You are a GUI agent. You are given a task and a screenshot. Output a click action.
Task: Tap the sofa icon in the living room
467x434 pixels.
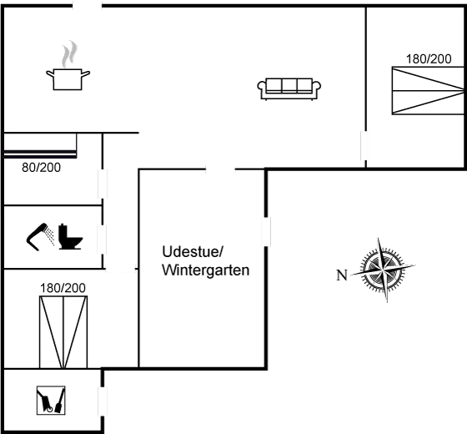pyautogui.click(x=289, y=88)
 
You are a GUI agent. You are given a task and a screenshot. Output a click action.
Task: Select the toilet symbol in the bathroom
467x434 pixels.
pyautogui.click(x=70, y=236)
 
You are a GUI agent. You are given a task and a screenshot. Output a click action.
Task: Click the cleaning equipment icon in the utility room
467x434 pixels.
pyautogui.click(x=51, y=401)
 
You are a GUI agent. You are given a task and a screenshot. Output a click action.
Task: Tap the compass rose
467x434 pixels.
pyautogui.click(x=384, y=270)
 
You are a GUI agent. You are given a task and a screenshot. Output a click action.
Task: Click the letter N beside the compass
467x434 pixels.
pyautogui.click(x=342, y=275)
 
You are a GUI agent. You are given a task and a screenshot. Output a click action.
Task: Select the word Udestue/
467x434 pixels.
pyautogui.click(x=193, y=252)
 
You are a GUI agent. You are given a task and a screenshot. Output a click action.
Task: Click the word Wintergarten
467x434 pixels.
pyautogui.click(x=206, y=270)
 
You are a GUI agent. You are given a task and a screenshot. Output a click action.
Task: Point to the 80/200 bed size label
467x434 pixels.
pyautogui.click(x=42, y=168)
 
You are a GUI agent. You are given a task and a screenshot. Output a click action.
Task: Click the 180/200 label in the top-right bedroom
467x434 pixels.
pyautogui.click(x=429, y=59)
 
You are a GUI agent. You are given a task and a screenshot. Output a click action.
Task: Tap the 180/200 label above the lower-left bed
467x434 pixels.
pyautogui.click(x=63, y=288)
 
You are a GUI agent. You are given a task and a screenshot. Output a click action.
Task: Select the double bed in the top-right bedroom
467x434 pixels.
pyautogui.click(x=428, y=91)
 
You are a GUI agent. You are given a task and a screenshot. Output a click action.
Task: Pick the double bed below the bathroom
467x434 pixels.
pyautogui.click(x=63, y=332)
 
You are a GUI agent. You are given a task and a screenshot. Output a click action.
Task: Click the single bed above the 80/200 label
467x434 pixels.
pyautogui.click(x=40, y=145)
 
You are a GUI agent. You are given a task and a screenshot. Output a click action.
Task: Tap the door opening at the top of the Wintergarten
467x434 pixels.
pyautogui.click(x=220, y=169)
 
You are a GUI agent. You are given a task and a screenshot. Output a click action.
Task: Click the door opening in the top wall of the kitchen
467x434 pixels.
pyautogui.click(x=88, y=5)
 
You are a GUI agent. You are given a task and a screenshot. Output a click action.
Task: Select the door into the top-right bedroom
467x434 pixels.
pyautogui.click(x=364, y=146)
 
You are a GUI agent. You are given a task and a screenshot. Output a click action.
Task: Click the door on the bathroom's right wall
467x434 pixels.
pyautogui.click(x=102, y=240)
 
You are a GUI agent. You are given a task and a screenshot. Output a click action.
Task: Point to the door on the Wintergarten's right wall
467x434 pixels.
pyautogui.click(x=266, y=232)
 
